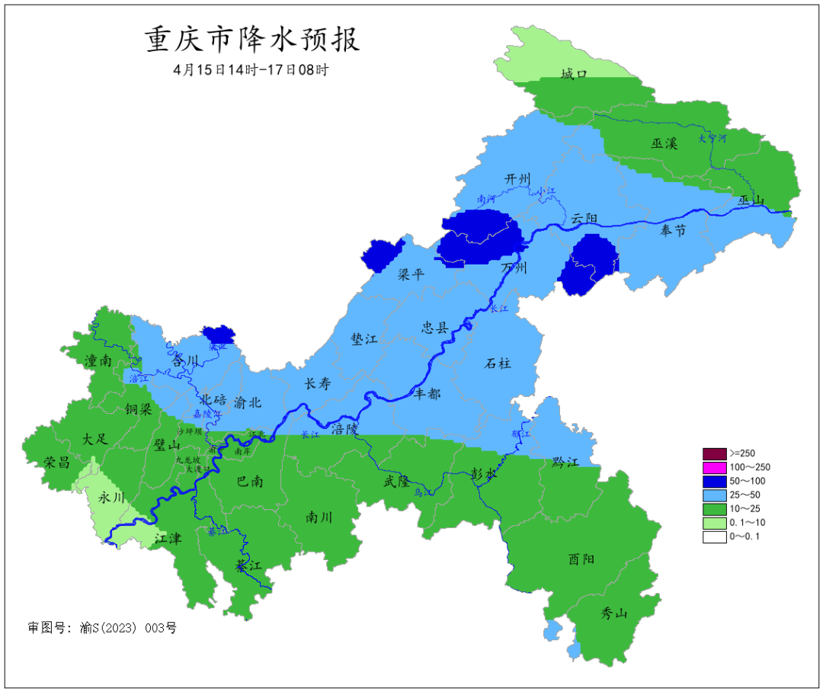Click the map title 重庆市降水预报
252,39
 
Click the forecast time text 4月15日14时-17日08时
251,69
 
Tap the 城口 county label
574,74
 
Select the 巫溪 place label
664,143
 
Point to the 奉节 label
673,230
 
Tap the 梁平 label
411,274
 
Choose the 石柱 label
498,363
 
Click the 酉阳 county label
581,559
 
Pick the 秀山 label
613,613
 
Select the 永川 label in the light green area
113,497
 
